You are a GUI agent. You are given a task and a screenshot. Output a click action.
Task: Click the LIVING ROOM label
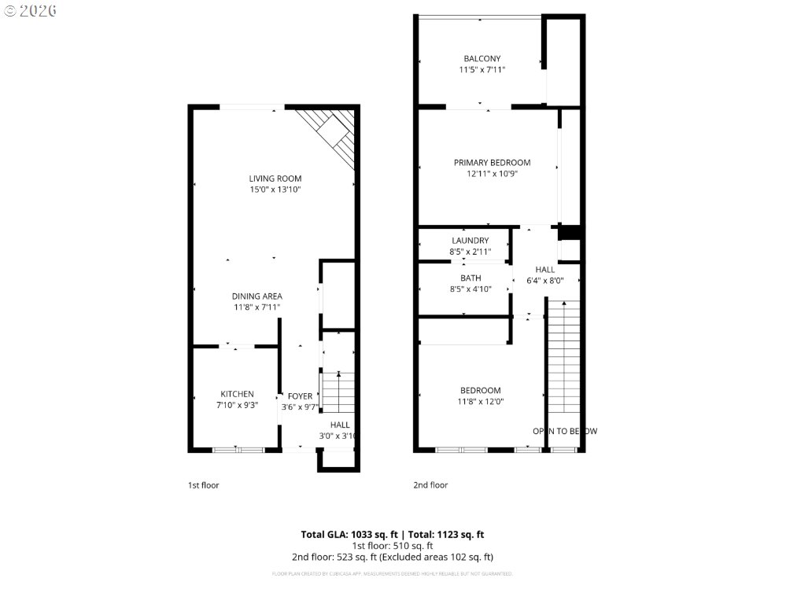pos(275,179)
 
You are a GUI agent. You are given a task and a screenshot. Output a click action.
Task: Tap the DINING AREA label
pos(256,296)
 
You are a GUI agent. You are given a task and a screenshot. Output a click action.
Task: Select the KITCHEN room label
pos(236,394)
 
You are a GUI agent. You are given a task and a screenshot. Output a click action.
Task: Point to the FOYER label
pos(300,396)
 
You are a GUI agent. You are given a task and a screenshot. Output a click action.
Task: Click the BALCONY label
pos(482,59)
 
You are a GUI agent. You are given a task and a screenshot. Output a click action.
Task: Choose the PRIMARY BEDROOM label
pos(492,163)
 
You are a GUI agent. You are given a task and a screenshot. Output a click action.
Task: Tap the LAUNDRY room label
pos(470,241)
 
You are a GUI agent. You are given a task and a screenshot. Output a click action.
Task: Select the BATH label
pos(470,278)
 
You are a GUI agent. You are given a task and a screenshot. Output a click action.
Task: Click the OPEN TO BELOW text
pos(564,431)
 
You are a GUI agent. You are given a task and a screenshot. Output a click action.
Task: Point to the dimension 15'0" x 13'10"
pos(275,190)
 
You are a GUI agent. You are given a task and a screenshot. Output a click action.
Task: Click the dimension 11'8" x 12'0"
pos(481,402)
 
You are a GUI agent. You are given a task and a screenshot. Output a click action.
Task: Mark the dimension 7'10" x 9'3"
pos(236,406)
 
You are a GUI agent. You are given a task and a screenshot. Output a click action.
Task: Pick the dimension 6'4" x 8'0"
pos(544,280)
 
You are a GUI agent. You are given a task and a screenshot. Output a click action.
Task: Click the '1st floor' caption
pos(203,485)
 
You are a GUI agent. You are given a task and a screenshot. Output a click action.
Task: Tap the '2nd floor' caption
pos(430,485)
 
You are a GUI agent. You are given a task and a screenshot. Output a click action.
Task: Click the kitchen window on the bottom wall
pos(238,450)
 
